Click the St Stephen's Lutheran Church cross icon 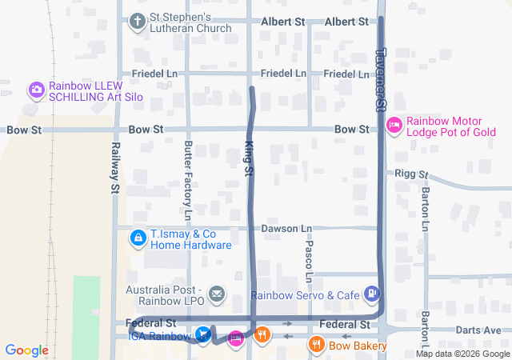tap(138, 21)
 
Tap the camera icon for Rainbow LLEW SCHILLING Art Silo tap(36, 90)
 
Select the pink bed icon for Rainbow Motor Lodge tap(394, 125)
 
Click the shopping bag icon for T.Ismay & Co tap(138, 238)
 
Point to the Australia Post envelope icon tap(217, 294)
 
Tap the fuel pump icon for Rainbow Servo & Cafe tap(372, 294)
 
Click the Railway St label tap(115, 167)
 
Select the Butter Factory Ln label tap(188, 181)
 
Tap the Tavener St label tap(381, 78)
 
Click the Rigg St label tap(412, 174)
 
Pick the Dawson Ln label tap(286, 228)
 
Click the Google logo tap(26, 350)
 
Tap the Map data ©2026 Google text tap(462, 354)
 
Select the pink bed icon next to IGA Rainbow tap(235, 338)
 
